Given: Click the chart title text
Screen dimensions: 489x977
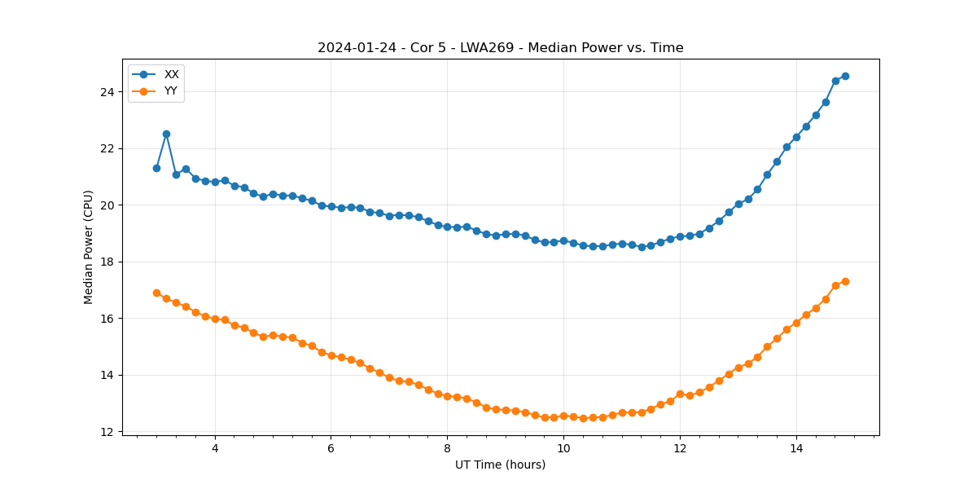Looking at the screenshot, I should (x=500, y=48).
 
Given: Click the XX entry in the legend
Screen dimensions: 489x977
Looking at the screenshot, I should (x=171, y=74).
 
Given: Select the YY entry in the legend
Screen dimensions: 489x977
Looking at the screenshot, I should (x=170, y=91).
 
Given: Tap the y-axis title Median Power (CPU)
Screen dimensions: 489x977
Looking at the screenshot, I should (x=89, y=247).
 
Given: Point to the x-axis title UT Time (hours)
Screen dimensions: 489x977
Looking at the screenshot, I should (x=500, y=465).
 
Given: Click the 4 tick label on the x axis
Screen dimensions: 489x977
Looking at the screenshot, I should (x=215, y=448).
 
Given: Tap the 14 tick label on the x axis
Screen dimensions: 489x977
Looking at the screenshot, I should (x=795, y=448).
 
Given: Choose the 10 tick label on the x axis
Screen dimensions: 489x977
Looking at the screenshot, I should (x=563, y=448).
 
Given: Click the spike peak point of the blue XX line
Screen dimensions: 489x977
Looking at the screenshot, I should (x=166, y=134).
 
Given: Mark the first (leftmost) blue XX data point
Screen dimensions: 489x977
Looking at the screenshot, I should (x=156, y=168).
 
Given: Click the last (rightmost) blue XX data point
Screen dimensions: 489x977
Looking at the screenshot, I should (x=845, y=76).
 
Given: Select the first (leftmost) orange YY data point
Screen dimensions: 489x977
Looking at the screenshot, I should (x=156, y=293).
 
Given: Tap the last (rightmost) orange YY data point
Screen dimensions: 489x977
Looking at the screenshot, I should (x=845, y=281).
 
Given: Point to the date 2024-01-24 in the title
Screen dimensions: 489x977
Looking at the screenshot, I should (x=355, y=48).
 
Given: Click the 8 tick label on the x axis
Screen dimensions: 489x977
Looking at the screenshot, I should (x=447, y=448).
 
